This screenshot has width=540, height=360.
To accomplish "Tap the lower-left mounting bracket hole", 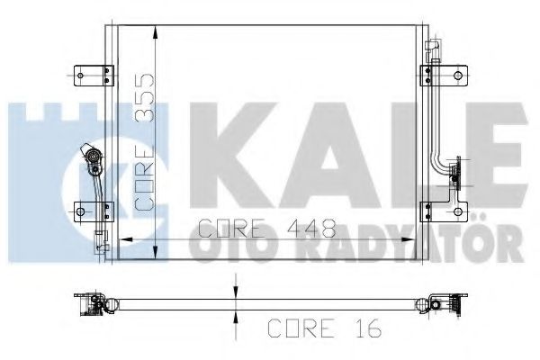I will [81, 212].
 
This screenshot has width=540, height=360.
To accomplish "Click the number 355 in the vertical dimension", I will [142, 98].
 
